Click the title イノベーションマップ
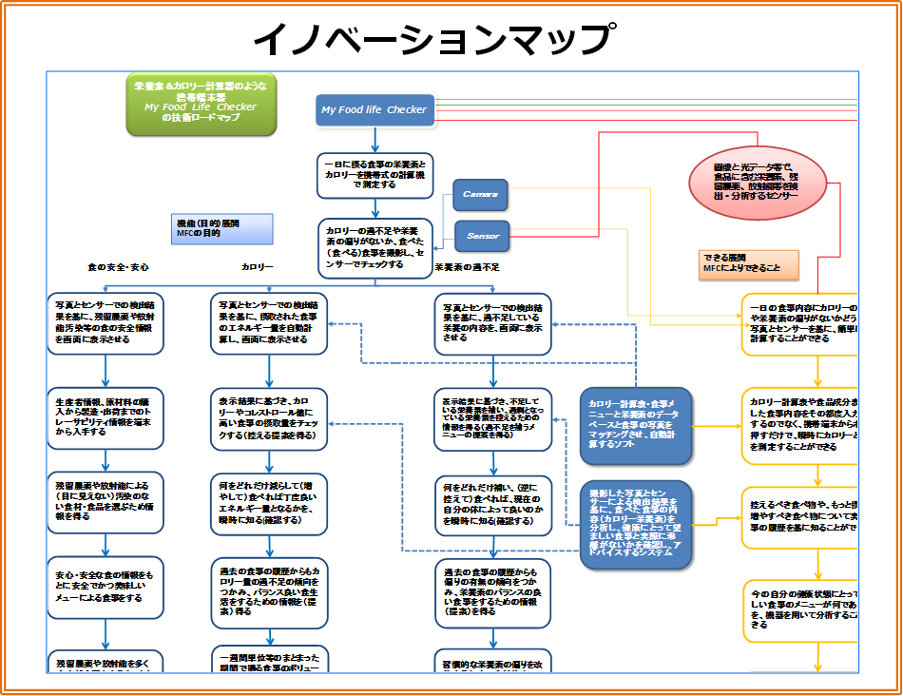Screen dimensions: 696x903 (x=432, y=40)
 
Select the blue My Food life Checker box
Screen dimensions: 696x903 (x=374, y=109)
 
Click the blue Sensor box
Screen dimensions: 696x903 (x=480, y=235)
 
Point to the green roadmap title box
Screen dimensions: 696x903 (x=201, y=102)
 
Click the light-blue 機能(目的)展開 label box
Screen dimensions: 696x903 (x=221, y=227)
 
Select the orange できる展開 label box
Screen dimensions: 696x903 (x=748, y=263)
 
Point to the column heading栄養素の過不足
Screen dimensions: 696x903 (x=467, y=268)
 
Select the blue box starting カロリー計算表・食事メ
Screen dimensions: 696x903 (x=636, y=424)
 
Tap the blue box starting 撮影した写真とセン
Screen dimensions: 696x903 (x=636, y=525)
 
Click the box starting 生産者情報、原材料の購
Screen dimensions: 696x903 (x=105, y=416)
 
